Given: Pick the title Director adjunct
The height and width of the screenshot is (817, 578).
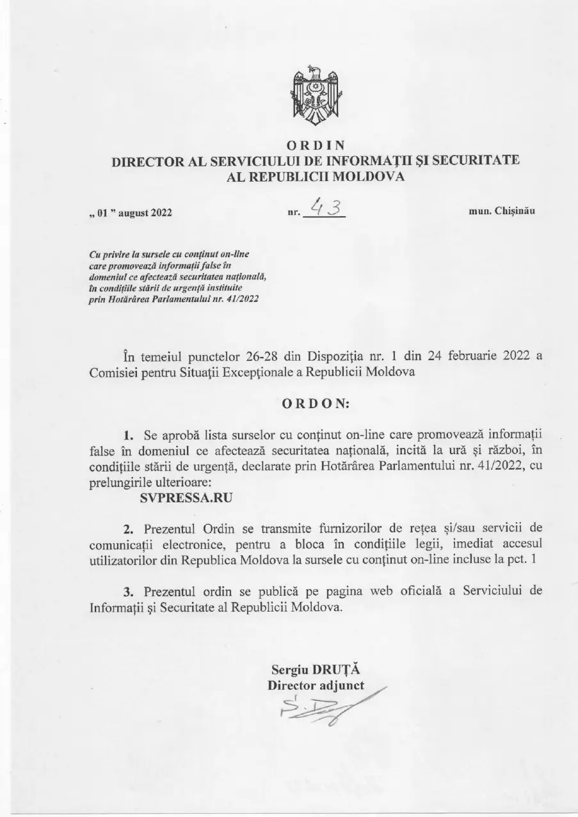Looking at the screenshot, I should (x=316, y=685).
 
